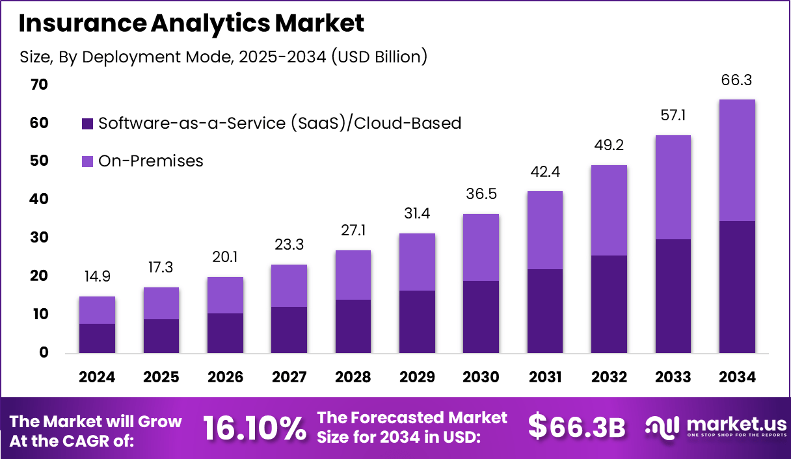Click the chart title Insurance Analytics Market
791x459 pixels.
pyautogui.click(x=191, y=24)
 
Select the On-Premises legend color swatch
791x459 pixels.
pyautogui.click(x=87, y=161)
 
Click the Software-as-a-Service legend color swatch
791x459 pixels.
pyautogui.click(x=87, y=124)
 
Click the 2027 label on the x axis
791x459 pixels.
pyautogui.click(x=289, y=378)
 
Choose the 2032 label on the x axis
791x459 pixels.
pyautogui.click(x=609, y=378)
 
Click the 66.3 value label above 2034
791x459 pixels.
pyautogui.click(x=737, y=81)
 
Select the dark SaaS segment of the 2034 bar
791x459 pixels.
pyautogui.click(x=737, y=287)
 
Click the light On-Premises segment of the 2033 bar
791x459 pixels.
pyautogui.click(x=673, y=187)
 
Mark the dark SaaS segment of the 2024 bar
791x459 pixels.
pyautogui.click(x=97, y=338)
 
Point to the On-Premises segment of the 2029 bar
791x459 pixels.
pyautogui.click(x=417, y=262)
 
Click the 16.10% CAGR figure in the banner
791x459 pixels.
pyautogui.click(x=254, y=428)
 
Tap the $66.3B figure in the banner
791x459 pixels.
pyautogui.click(x=576, y=427)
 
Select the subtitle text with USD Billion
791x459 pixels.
pyautogui.click(x=224, y=57)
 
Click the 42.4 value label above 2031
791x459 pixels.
pyautogui.click(x=545, y=172)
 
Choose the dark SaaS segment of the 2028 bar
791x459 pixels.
pyautogui.click(x=353, y=326)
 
